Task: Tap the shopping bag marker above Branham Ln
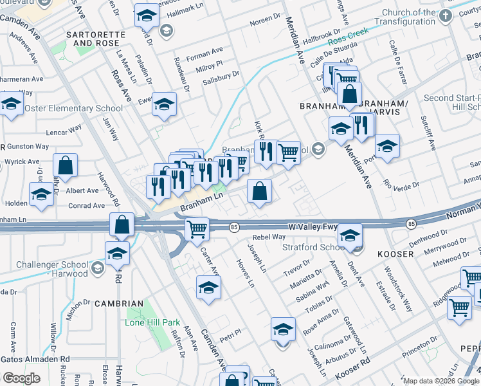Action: (259, 191)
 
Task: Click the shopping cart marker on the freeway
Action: (197, 228)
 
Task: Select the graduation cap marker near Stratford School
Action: (350, 235)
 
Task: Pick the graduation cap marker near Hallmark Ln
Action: (147, 15)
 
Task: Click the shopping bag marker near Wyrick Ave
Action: (66, 165)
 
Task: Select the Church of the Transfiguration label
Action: (417, 17)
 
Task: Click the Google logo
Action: (21, 378)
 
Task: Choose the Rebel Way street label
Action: (269, 237)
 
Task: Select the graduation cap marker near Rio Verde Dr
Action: (386, 146)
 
